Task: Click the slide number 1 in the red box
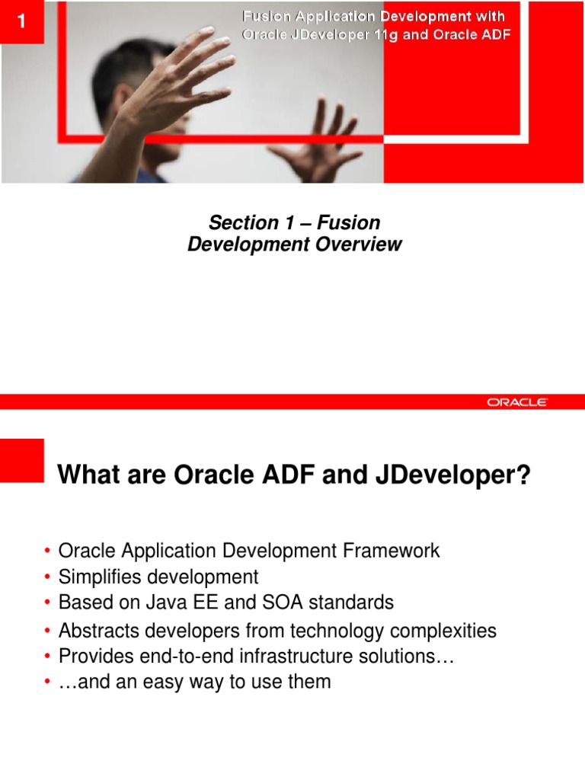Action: coord(21,21)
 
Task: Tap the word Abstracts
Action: coord(94,631)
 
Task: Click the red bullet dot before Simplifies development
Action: coord(47,577)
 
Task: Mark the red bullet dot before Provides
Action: coord(47,657)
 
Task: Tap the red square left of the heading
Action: coord(22,460)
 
